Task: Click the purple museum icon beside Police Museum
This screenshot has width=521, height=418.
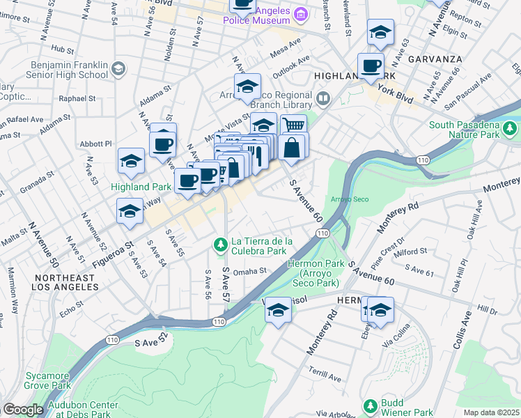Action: coord(301,13)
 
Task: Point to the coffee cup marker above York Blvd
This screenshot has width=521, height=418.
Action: coord(371,66)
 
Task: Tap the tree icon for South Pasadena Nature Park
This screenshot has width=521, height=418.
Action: coord(511,128)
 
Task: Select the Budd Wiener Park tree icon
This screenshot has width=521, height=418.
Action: coord(370,405)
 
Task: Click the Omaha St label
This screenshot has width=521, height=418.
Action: coord(250,272)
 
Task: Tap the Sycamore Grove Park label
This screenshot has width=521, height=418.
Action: coord(47,380)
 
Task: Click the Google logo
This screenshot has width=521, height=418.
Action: coord(23,410)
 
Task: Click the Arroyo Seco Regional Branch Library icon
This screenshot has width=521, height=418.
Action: coord(322,98)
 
